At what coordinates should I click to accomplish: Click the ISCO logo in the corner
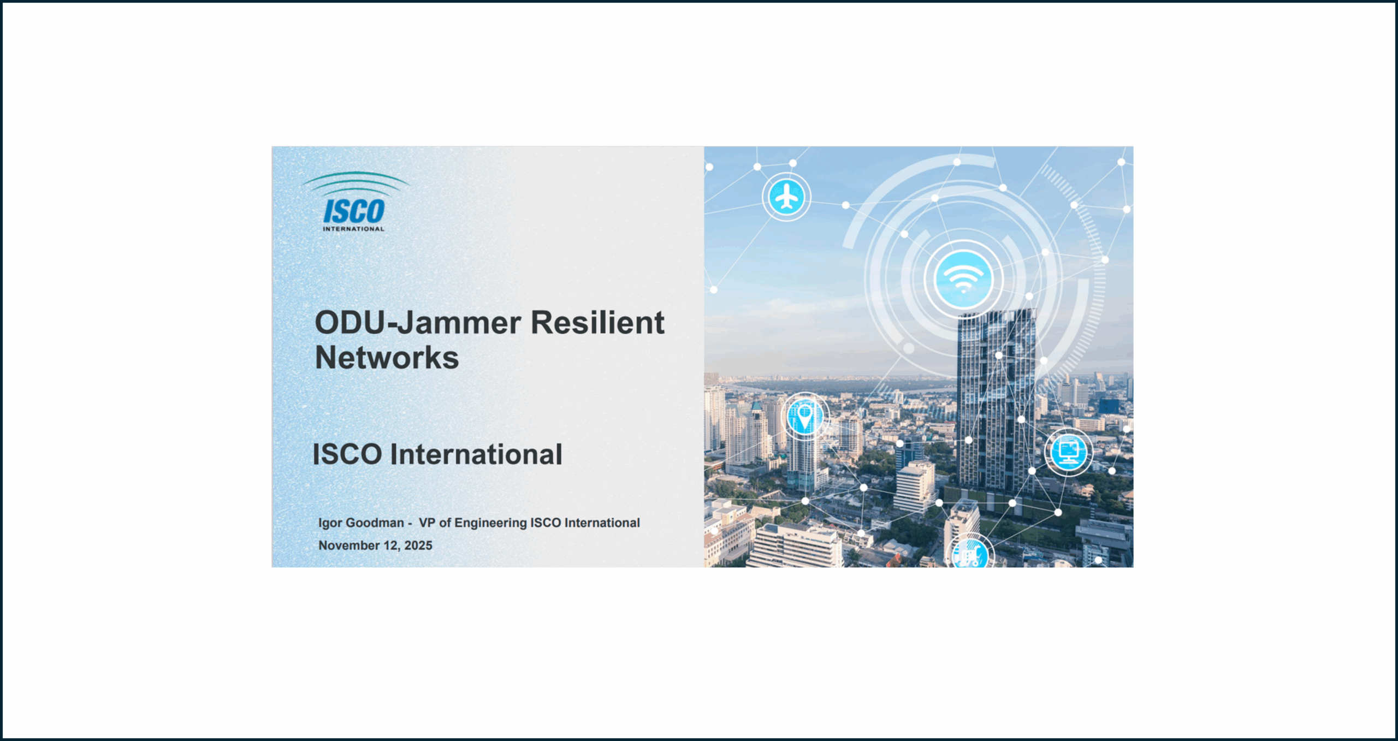(x=355, y=201)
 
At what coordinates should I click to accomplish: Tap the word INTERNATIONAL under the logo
(x=354, y=229)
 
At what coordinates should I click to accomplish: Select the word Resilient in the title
(x=597, y=322)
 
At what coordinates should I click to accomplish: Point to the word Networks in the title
(x=387, y=358)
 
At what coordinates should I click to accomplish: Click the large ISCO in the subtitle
(x=347, y=454)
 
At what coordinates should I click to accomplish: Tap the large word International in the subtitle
(x=476, y=454)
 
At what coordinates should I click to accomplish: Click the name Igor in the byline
(x=330, y=523)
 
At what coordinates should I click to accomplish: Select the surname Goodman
(x=375, y=523)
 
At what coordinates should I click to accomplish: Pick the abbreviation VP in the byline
(x=427, y=523)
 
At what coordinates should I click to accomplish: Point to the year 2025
(x=418, y=546)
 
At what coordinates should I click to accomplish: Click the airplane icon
(x=786, y=197)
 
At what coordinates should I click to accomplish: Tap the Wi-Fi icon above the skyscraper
(x=963, y=279)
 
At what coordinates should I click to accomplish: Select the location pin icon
(x=804, y=417)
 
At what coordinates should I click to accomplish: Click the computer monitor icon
(x=1069, y=452)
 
